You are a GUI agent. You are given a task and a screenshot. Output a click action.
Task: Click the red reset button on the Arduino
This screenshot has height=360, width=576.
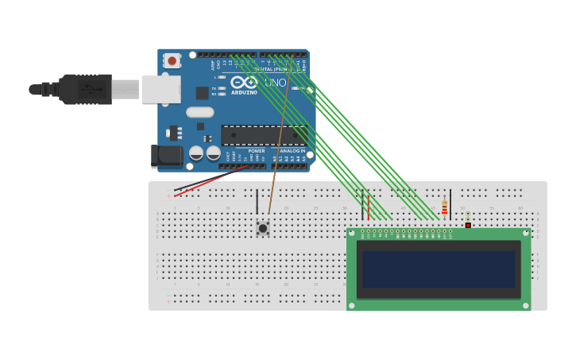tap(172, 60)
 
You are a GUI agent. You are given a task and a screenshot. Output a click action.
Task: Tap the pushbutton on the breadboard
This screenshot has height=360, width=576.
tap(263, 228)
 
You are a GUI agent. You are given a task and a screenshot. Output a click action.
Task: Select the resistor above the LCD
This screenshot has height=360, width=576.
tap(444, 207)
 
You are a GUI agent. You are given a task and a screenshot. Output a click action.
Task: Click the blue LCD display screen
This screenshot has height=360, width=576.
tap(439, 269)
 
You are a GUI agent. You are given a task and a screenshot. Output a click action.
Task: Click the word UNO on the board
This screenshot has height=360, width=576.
tap(275, 83)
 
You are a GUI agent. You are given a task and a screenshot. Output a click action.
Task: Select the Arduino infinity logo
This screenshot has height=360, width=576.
tap(244, 82)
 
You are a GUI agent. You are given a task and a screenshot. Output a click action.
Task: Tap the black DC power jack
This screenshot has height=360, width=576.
tap(165, 155)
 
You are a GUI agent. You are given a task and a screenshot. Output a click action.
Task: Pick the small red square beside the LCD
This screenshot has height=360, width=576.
tap(468, 225)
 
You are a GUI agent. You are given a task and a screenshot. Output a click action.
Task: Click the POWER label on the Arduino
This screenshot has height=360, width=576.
tap(257, 151)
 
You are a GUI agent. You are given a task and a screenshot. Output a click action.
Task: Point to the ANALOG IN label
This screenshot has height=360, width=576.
tap(292, 151)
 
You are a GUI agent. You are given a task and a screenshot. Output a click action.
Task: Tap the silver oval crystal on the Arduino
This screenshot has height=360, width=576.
tap(200, 112)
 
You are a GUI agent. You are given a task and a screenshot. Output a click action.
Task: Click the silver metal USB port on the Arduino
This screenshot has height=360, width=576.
tap(161, 89)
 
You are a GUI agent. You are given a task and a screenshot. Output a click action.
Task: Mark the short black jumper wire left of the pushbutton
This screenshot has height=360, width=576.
tap(257, 201)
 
